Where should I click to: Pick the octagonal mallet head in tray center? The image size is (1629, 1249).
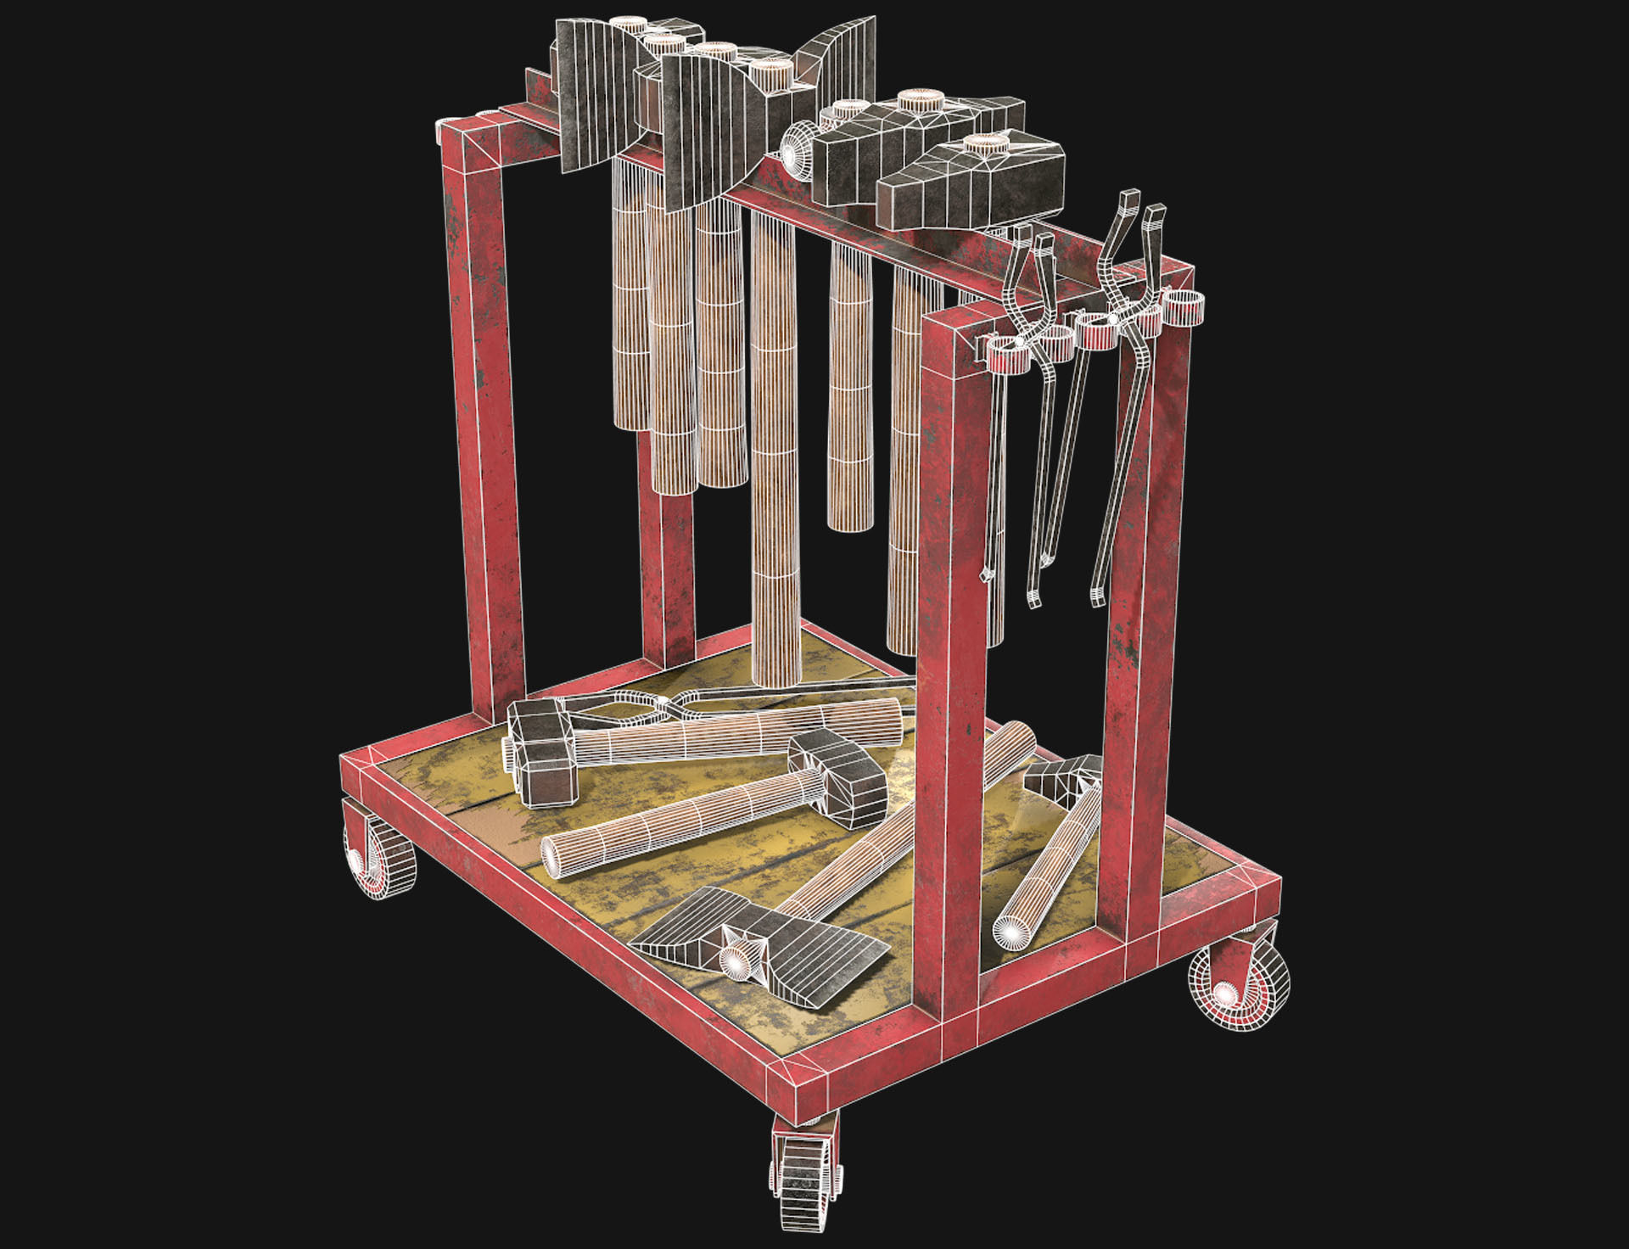pos(840,776)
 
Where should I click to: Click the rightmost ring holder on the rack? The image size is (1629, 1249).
pos(1184,306)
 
